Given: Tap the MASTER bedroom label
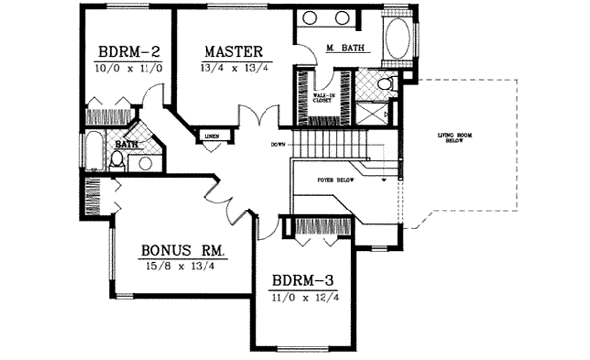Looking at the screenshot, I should (233, 51).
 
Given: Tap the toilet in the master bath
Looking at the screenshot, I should (387, 85).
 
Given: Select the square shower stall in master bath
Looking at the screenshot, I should (369, 110).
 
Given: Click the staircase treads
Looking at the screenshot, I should (331, 147).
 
